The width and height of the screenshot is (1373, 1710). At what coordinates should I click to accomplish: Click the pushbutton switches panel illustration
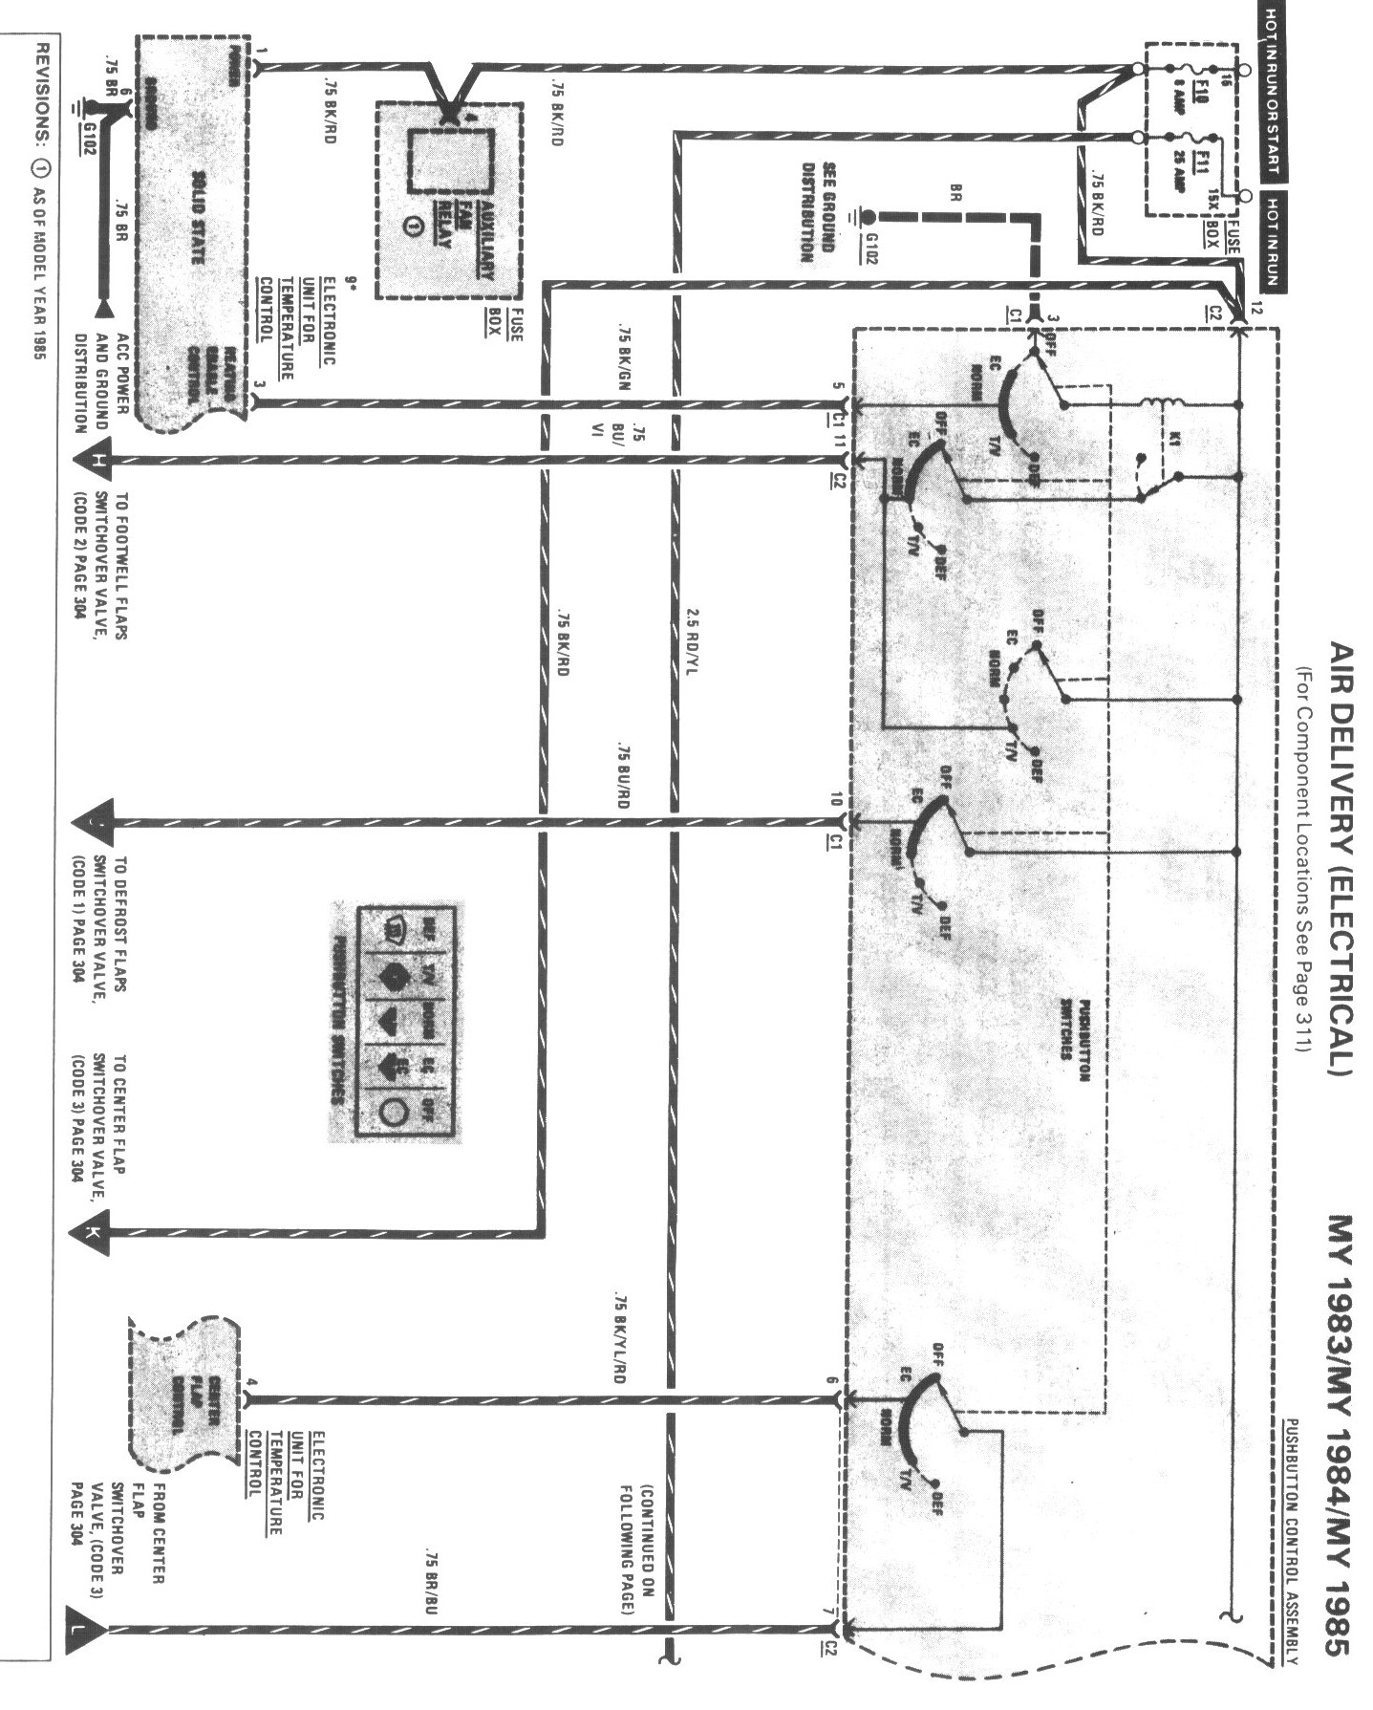pyautogui.click(x=394, y=1021)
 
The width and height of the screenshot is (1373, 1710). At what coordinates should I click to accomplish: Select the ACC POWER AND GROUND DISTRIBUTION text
pyautogui.click(x=103, y=382)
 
